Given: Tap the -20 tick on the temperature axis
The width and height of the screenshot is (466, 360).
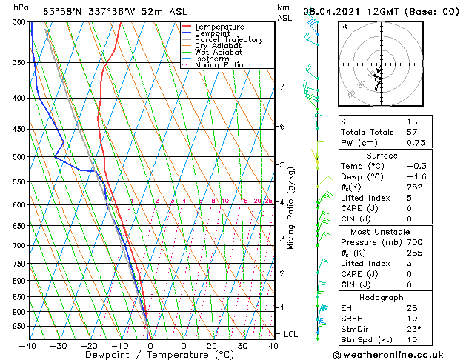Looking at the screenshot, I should point(89,346).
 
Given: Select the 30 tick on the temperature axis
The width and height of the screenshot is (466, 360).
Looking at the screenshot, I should point(242,346).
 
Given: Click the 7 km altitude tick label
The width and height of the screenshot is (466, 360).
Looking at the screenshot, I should point(282,87).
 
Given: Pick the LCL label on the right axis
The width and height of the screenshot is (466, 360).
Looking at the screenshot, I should point(290,335).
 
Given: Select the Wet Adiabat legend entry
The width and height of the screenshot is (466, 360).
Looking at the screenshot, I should point(218,53).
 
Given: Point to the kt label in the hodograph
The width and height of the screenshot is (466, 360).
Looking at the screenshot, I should point(344,27).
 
